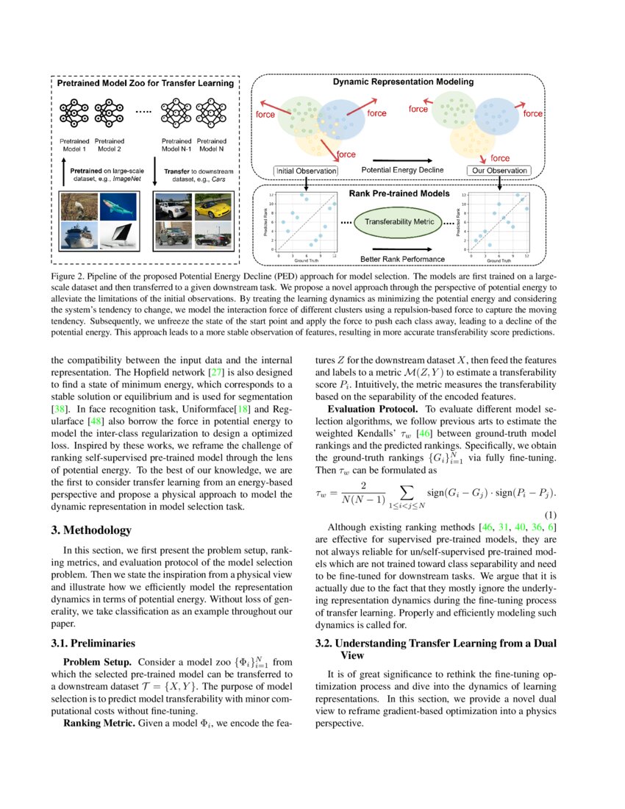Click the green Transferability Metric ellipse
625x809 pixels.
(x=399, y=221)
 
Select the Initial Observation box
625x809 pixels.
(x=306, y=171)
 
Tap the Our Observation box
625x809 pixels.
(x=499, y=171)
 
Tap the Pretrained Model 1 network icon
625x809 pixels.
(x=74, y=113)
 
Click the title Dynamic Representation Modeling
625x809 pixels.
(x=403, y=82)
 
